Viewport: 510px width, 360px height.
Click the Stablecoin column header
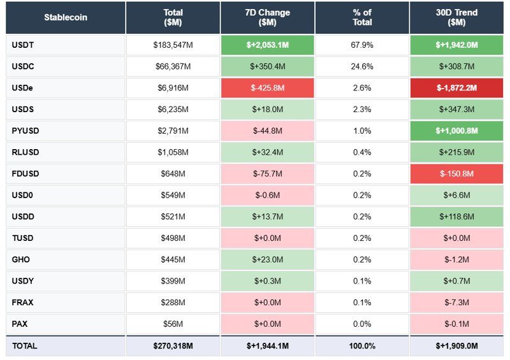(x=66, y=17)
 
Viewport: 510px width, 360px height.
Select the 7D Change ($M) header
(x=268, y=17)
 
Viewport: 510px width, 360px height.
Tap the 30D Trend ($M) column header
(x=456, y=17)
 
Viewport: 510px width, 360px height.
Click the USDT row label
(x=23, y=45)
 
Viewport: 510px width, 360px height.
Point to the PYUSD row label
(x=25, y=131)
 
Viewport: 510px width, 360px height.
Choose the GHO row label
(x=21, y=259)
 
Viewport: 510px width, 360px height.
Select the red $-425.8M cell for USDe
(x=268, y=88)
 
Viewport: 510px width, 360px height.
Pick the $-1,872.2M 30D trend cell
(x=456, y=88)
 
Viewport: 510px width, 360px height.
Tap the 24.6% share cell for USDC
(x=362, y=66)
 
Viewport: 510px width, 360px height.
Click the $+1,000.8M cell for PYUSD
(x=456, y=131)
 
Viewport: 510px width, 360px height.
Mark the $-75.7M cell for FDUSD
(x=268, y=174)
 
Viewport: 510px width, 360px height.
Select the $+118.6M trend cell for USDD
(x=456, y=217)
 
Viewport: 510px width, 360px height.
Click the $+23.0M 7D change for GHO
(x=268, y=259)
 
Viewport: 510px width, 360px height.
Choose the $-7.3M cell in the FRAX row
(x=456, y=303)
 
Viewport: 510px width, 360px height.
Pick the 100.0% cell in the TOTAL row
(x=362, y=346)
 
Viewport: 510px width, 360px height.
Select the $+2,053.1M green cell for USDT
(x=268, y=45)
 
